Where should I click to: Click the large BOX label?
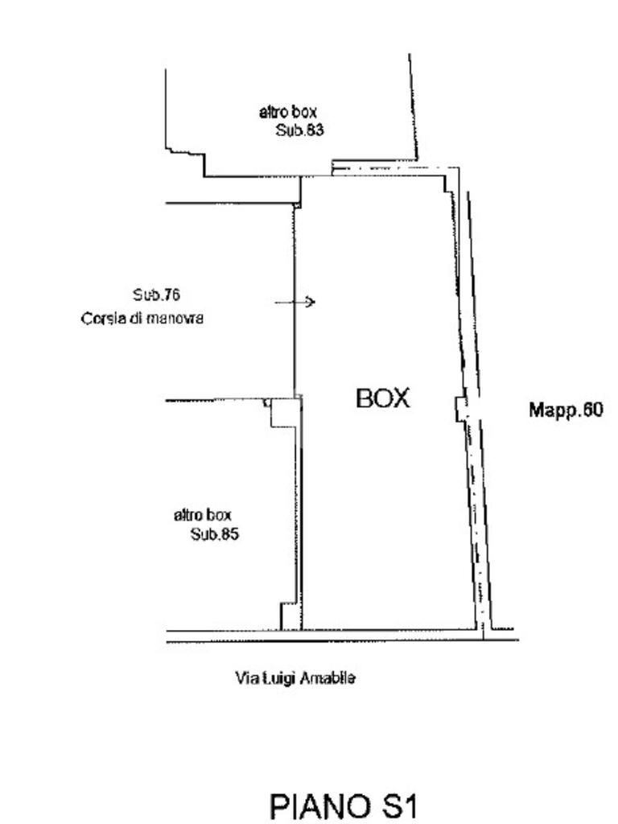point(382,398)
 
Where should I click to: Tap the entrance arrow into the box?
point(295,302)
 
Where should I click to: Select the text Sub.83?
point(299,130)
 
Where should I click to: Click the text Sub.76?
point(156,295)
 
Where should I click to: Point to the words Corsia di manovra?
point(142,319)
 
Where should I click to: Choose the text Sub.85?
point(214,534)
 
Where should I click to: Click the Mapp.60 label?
point(566,410)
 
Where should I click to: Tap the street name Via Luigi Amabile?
point(295,678)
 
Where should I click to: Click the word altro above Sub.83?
point(273,112)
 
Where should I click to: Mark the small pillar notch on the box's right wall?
point(461,409)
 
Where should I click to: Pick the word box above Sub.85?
point(219,515)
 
